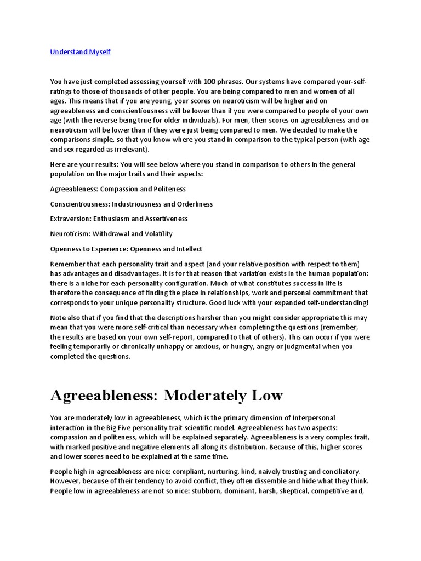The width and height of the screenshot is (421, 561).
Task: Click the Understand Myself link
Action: pos(81,52)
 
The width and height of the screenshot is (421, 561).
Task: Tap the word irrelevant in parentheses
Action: pos(128,149)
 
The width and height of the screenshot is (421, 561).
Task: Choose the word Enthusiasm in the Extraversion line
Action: pos(117,219)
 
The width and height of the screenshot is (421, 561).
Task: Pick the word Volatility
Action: pos(155,233)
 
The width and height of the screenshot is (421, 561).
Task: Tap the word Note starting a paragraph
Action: pos(59,317)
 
